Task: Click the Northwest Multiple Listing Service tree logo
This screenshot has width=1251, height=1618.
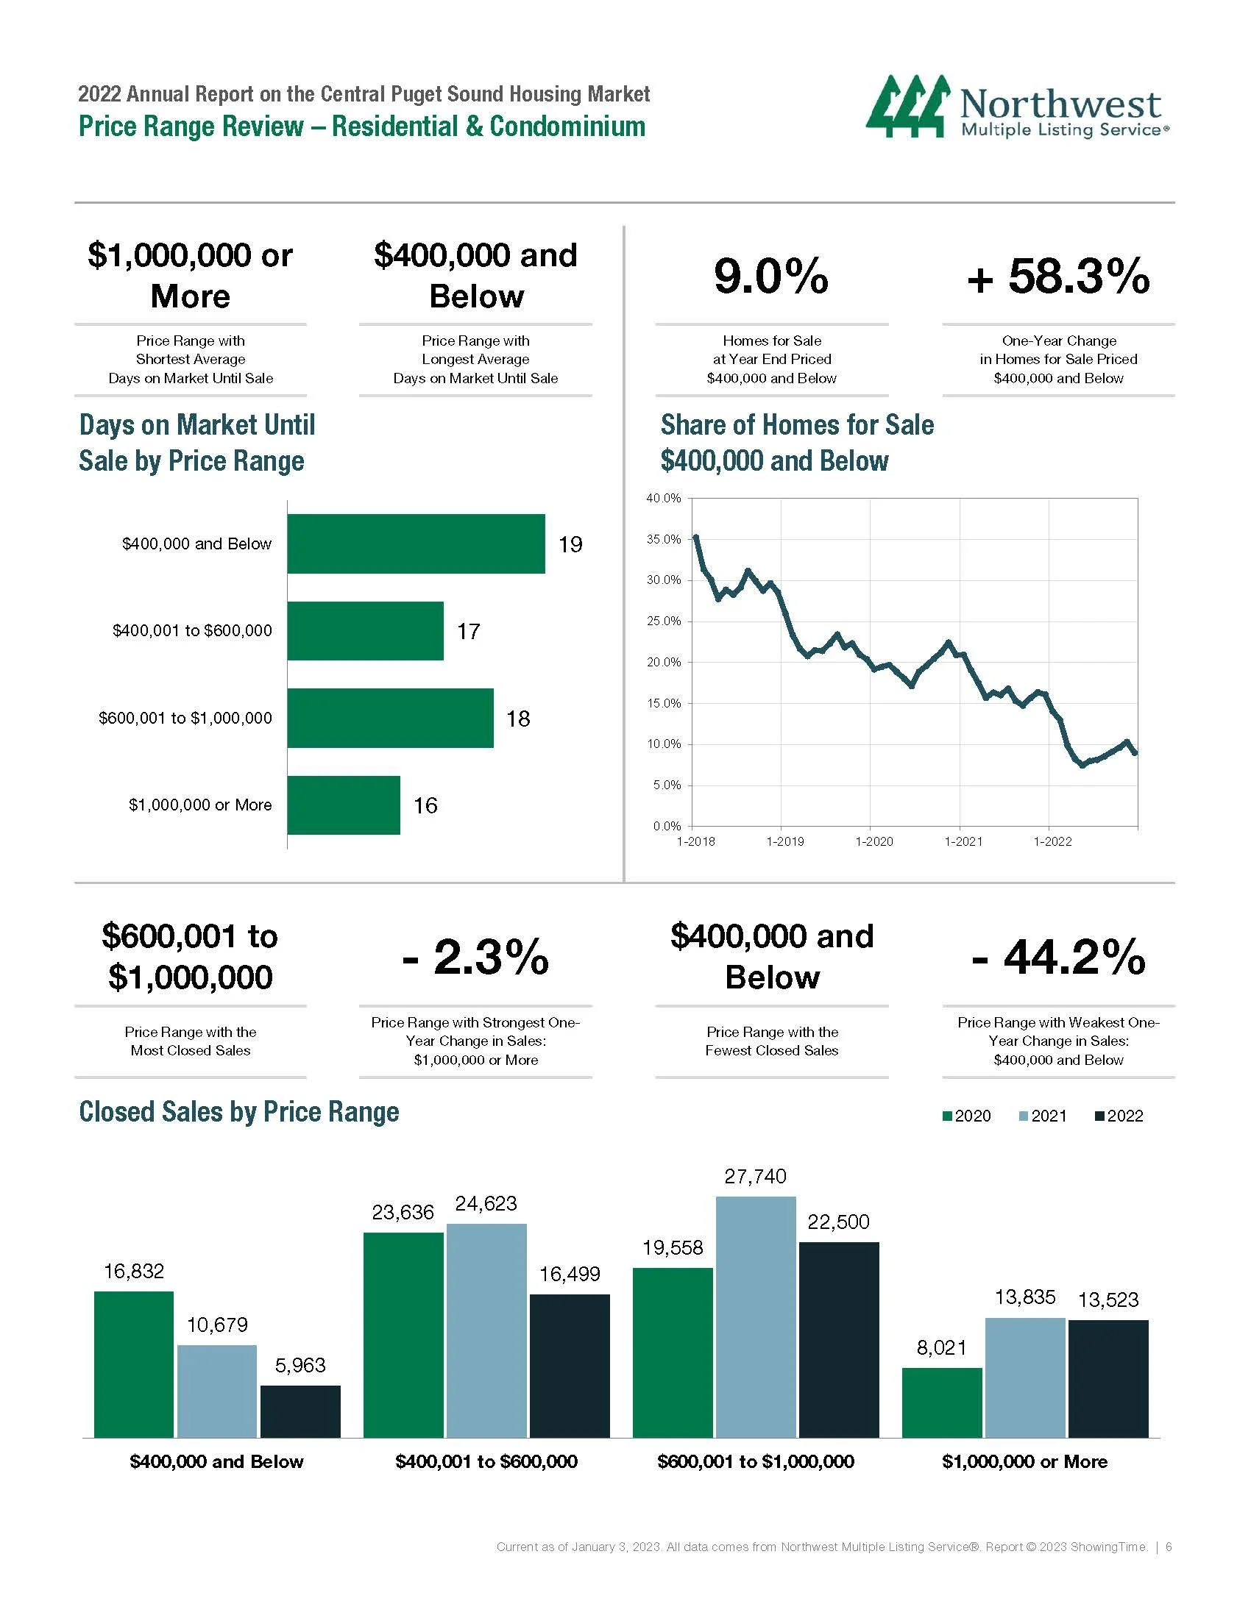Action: click(907, 106)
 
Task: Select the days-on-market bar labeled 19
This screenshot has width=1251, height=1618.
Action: click(416, 544)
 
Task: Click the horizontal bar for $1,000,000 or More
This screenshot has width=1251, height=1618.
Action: click(343, 805)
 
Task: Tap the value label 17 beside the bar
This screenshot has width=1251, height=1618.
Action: click(468, 631)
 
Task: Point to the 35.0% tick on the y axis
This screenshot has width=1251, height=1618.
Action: click(663, 539)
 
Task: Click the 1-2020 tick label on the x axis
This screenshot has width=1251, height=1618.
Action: click(873, 841)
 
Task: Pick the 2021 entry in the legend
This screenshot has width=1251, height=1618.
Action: click(1043, 1116)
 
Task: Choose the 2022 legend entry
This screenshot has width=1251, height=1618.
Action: click(1119, 1116)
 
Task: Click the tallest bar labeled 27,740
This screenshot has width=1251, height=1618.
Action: click(755, 1317)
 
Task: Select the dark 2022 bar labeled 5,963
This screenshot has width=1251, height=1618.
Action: click(300, 1411)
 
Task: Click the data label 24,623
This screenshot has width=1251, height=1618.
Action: click(486, 1203)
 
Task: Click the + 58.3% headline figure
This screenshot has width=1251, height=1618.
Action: click(1057, 277)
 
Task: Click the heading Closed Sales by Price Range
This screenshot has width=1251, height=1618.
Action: click(238, 1112)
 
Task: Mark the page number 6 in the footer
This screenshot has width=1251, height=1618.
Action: click(1169, 1547)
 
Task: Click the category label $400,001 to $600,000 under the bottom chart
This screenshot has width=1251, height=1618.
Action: click(486, 1461)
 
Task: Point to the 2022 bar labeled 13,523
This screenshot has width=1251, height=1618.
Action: click(1108, 1379)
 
